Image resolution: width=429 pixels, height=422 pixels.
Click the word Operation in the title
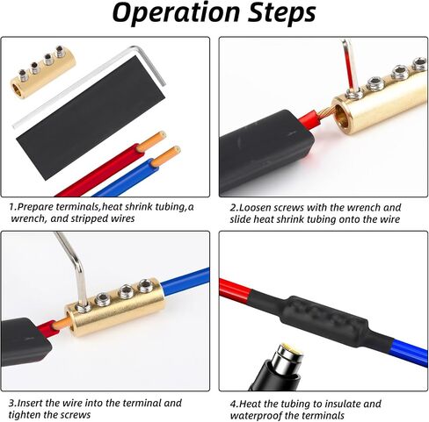176,13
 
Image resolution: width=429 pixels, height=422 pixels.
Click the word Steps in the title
282,13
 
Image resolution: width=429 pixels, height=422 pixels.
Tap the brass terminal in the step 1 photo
43,71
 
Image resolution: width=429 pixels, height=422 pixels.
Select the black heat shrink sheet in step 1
91,117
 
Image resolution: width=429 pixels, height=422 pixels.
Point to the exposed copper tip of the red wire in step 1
151,141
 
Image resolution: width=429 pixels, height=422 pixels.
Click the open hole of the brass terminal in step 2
342,117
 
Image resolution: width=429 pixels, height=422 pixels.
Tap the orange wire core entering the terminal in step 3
62,323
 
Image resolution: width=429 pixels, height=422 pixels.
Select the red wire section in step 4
235,290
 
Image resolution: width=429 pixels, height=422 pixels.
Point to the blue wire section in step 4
410,352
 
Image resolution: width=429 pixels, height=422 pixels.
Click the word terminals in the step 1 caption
77,207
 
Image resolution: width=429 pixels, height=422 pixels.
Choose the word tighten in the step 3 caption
25,415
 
